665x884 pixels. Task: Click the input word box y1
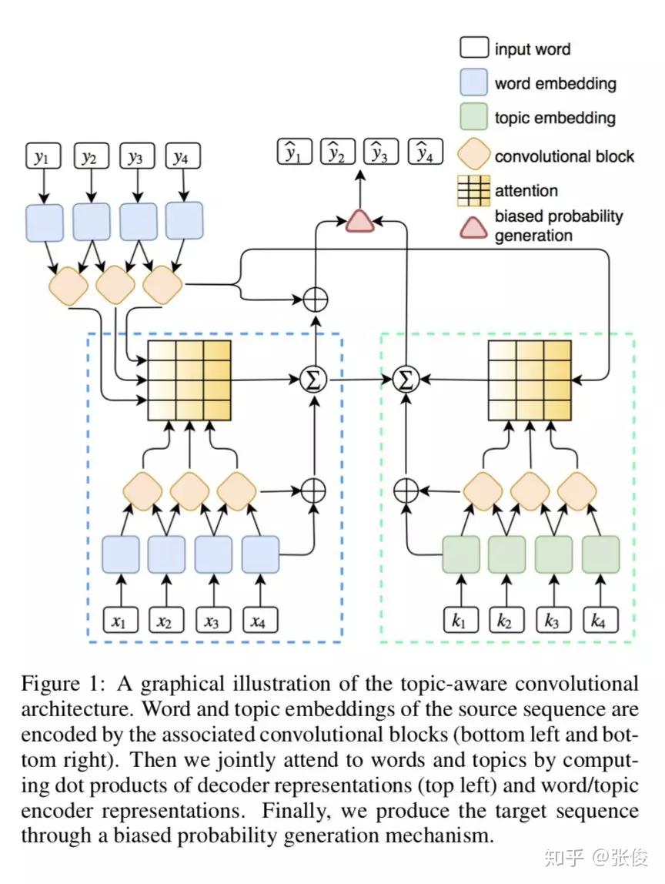pyautogui.click(x=42, y=158)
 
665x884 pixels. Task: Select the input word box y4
pyautogui.click(x=182, y=158)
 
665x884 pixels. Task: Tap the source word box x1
pyautogui.click(x=119, y=620)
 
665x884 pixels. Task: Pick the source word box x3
pyautogui.click(x=212, y=620)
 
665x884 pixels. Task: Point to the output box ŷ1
pyautogui.click(x=294, y=152)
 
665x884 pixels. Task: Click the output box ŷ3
pyautogui.click(x=381, y=152)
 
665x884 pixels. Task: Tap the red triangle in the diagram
pyautogui.click(x=359, y=219)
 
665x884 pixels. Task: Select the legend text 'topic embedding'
pyautogui.click(x=554, y=118)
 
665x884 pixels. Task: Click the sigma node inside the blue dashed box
pyautogui.click(x=314, y=379)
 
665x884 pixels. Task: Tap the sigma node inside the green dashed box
pyautogui.click(x=405, y=379)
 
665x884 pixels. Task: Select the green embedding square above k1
pyautogui.click(x=460, y=554)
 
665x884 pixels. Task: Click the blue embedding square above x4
pyautogui.click(x=260, y=554)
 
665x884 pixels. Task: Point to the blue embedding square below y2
pyautogui.click(x=92, y=220)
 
